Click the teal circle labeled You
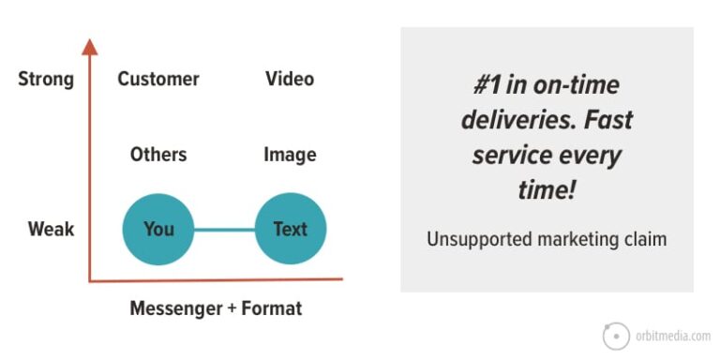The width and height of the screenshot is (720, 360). coord(158,229)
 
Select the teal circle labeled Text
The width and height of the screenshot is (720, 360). coord(290,229)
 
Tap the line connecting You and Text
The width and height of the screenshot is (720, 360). coord(224,229)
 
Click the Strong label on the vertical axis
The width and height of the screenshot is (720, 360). coord(46,79)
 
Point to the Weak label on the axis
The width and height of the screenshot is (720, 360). coord(51,229)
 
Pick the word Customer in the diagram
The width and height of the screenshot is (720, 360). coord(158,79)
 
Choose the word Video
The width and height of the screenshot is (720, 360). coord(290,79)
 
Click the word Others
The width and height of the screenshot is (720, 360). coord(158,155)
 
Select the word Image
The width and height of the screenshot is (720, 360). coord(290,155)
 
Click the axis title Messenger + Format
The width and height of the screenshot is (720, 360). coord(216,308)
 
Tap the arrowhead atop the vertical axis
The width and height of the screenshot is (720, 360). coord(89,46)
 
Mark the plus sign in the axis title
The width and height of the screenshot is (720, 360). coord(231,308)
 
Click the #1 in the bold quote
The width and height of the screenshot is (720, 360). coord(488,83)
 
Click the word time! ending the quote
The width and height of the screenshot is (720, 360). coord(547,190)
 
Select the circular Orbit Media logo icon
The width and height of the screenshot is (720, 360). coord(616,336)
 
